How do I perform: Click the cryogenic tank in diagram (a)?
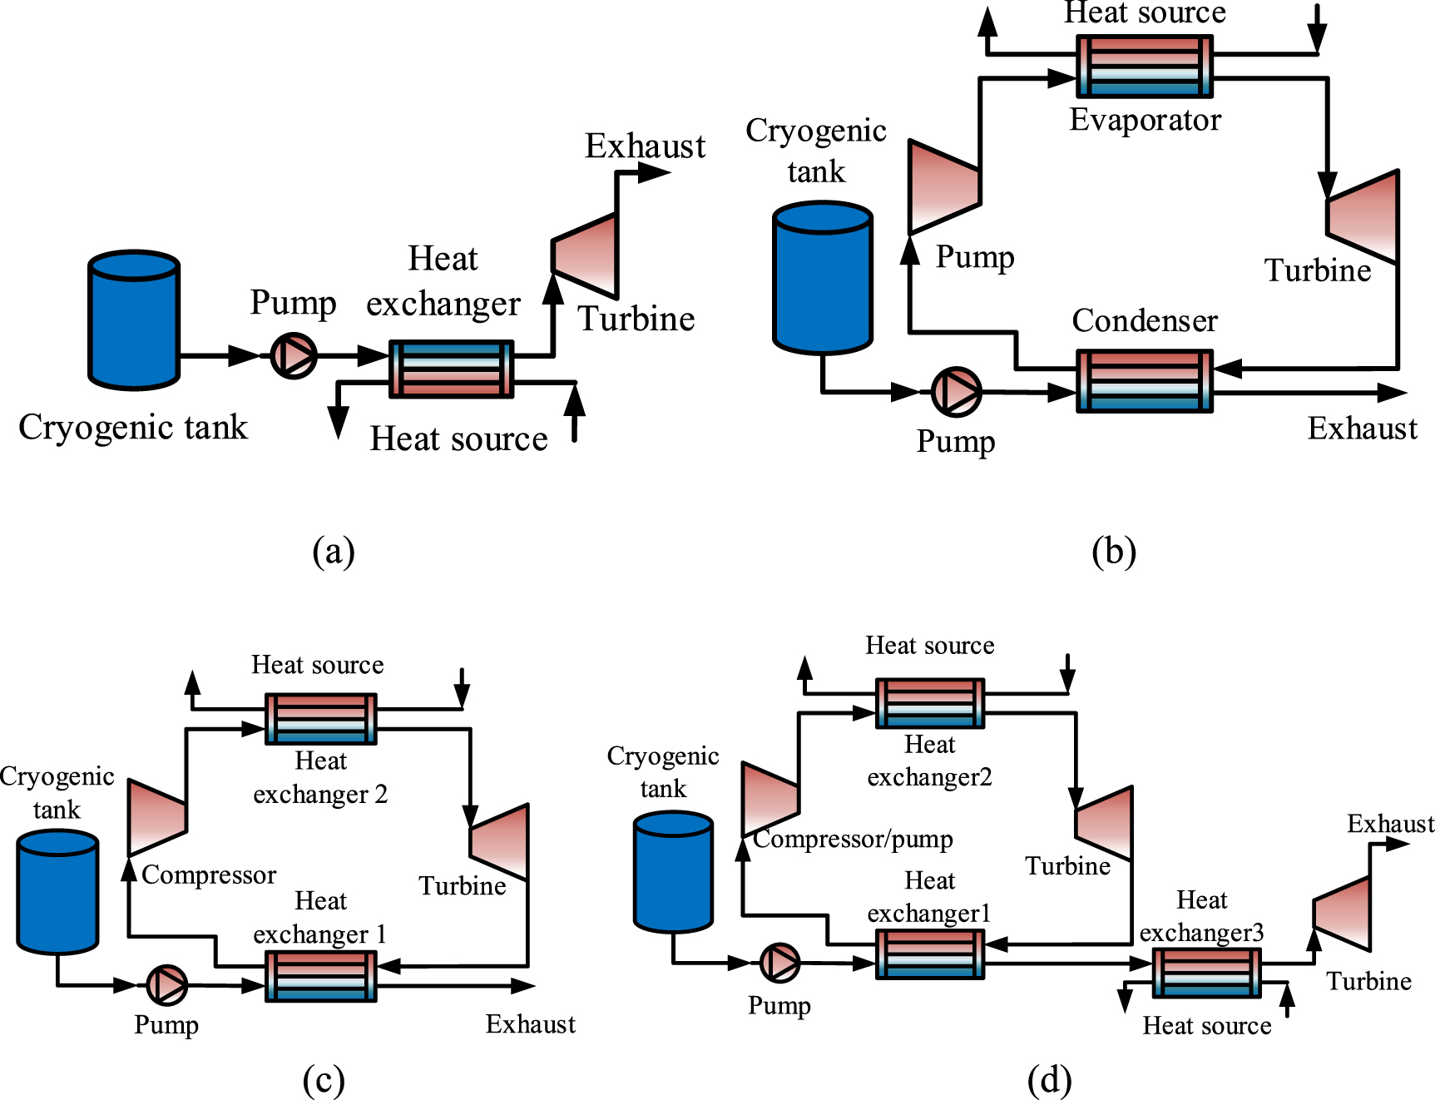point(134,320)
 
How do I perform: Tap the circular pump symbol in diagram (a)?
point(294,355)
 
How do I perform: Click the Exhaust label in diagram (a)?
point(645,146)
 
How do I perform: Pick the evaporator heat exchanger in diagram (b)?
point(1145,66)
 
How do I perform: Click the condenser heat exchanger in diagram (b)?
point(1145,381)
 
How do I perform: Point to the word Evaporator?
point(1145,120)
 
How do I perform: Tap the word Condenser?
point(1145,320)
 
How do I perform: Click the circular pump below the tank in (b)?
point(956,391)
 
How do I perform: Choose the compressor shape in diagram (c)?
point(156,817)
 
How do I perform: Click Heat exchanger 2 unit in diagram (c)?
point(320,718)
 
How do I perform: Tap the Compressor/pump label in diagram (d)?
point(853,839)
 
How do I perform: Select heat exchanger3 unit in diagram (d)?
point(1206,973)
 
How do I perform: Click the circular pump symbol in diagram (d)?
point(779,963)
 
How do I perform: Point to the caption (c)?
point(323,1080)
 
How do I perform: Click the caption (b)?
point(1113,551)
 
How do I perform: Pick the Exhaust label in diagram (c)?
point(530,1023)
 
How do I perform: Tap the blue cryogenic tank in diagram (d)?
point(673,872)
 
